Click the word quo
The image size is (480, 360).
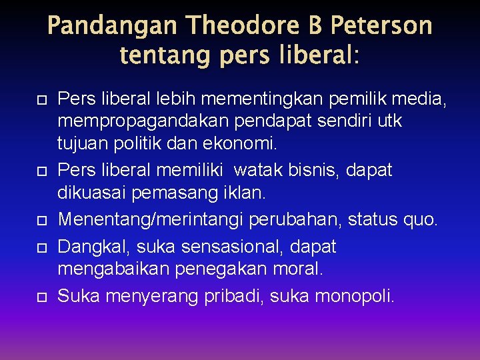point(423,218)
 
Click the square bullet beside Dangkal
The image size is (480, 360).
point(41,248)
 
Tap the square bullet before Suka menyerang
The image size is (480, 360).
point(41,296)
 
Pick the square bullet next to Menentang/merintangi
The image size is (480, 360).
point(41,219)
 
